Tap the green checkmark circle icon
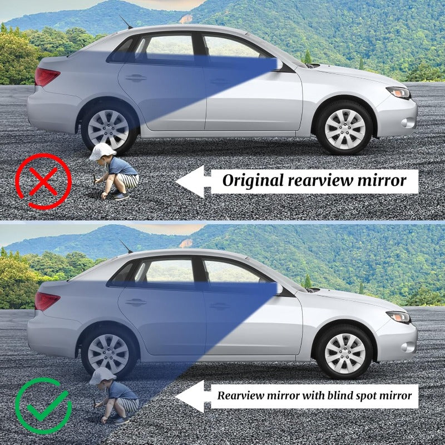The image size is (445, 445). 43,406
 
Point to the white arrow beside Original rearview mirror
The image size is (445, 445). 192,181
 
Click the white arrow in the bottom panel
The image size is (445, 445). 192,395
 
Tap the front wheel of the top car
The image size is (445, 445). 344,128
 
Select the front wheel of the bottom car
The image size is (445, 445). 344,353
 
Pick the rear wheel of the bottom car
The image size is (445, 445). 108,354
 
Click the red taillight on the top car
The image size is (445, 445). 47,77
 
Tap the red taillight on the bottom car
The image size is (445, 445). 47,301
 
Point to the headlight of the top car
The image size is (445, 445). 398,92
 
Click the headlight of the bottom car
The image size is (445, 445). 398,317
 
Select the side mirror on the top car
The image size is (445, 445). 278,65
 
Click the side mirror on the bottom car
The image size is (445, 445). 278,289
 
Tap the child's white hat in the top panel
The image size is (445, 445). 102,151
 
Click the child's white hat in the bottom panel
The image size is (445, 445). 102,375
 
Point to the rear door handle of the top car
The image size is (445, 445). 135,78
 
